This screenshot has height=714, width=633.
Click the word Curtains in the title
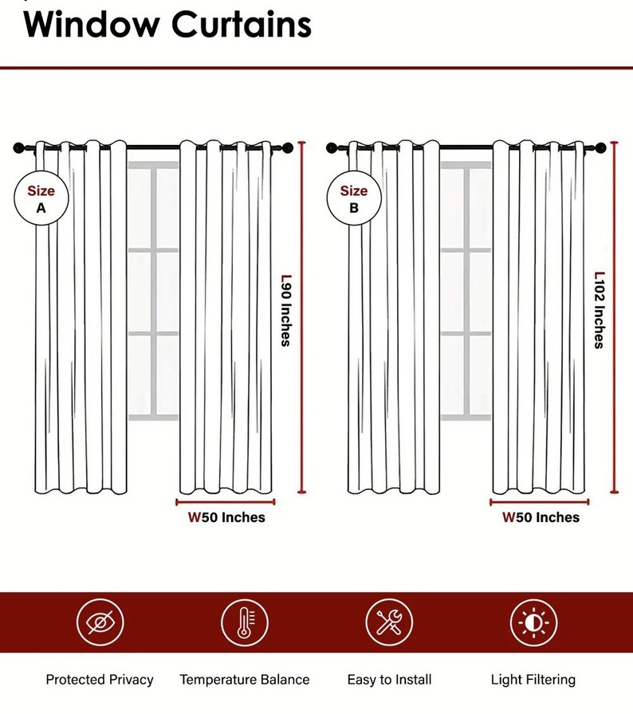pos(241,24)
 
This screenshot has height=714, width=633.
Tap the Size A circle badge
pos(41,198)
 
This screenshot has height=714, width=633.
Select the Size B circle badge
pos(354,198)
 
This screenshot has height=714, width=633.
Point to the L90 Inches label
pos(285,310)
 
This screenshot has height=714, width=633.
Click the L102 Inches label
pos(600,310)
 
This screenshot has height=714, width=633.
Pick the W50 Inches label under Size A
pos(226,517)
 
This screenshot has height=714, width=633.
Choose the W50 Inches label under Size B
pos(541,517)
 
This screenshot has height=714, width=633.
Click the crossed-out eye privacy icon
pos(100,622)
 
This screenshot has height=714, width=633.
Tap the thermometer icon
pos(245,622)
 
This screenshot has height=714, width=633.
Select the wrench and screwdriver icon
pos(389,622)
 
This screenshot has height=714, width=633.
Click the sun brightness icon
pos(533,622)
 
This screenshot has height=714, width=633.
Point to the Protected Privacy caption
pos(100,680)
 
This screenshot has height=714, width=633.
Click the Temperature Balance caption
pos(245,680)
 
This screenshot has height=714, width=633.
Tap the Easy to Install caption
pos(389,680)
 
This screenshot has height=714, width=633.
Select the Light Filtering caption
pos(533,680)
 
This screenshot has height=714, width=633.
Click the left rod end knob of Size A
pos(18,148)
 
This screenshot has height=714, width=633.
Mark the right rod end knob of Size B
pos(601,147)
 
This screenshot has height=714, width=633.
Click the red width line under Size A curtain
pos(226,502)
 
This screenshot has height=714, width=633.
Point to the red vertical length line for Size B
pos(615,317)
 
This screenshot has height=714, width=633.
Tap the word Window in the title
pos(90,24)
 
